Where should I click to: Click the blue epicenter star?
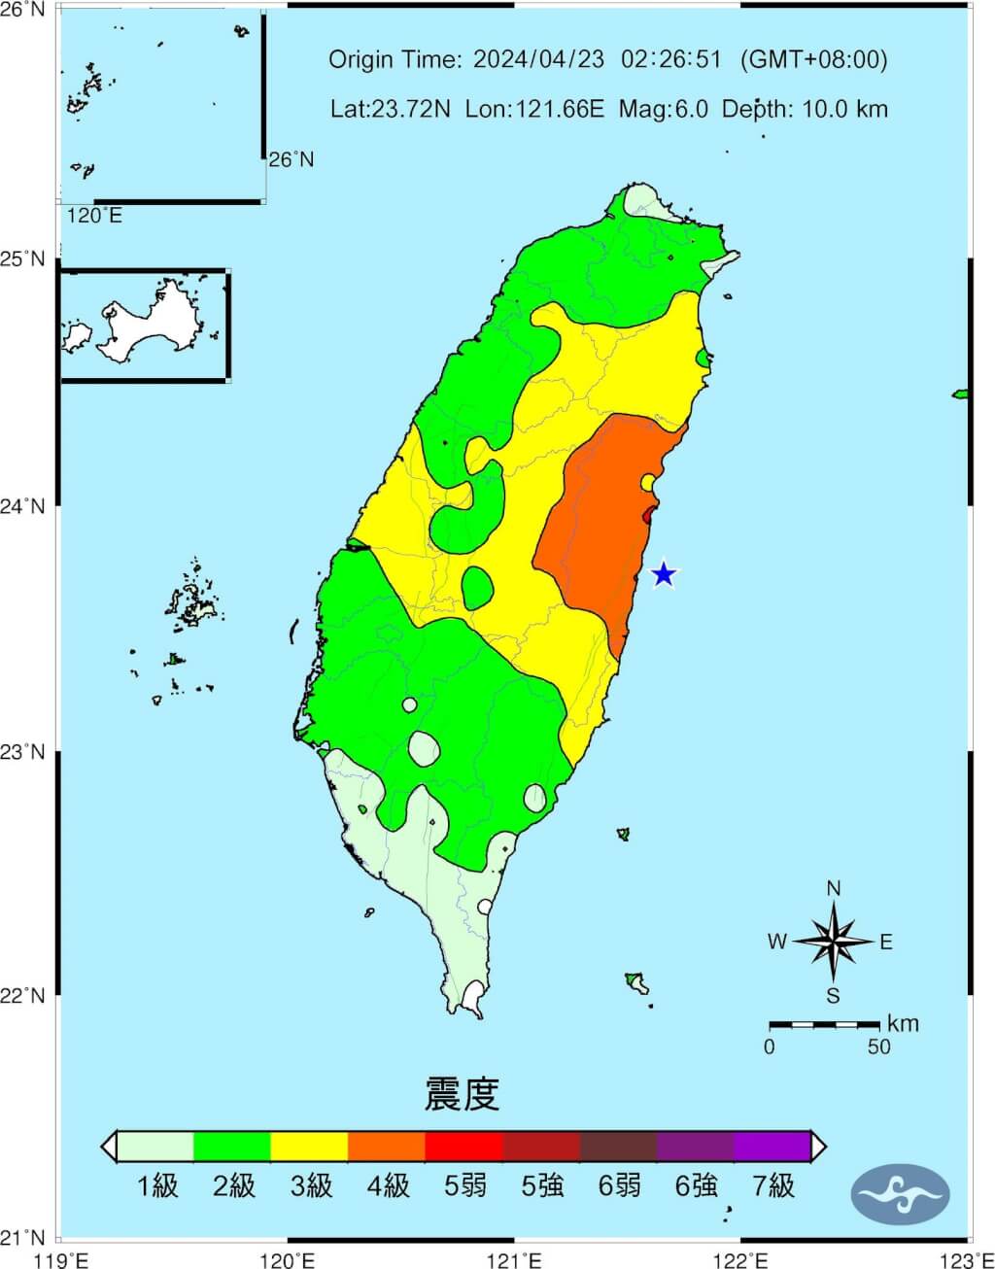point(663,574)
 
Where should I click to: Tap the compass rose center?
point(834,941)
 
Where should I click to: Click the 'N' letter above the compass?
point(833,889)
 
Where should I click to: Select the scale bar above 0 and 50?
point(824,1024)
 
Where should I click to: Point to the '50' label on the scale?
point(878,1046)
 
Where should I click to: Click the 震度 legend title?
point(463,1094)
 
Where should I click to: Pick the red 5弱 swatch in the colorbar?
point(463,1147)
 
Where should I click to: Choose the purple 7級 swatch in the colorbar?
point(772,1147)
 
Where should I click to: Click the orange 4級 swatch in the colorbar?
point(387,1147)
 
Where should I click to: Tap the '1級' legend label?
point(157,1185)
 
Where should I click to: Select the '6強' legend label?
point(696,1185)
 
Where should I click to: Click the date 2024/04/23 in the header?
point(538,60)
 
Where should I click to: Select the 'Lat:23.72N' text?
point(391,109)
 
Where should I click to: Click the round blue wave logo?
point(900,1192)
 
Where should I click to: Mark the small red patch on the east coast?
point(648,513)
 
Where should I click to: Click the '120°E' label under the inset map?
point(94,216)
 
